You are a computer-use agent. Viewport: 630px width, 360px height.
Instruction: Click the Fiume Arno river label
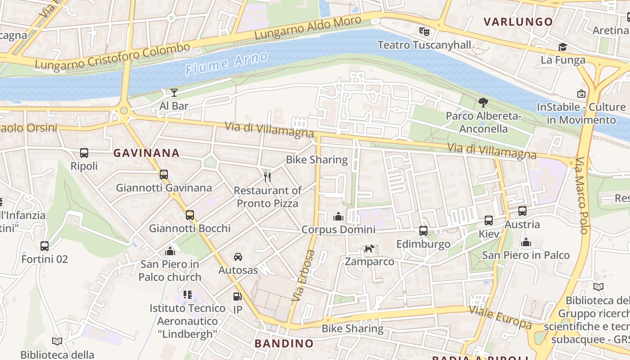(x=226, y=63)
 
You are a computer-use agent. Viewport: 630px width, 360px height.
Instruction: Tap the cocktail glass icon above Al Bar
(x=174, y=93)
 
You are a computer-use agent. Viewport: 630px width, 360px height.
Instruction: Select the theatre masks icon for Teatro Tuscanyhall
(x=424, y=31)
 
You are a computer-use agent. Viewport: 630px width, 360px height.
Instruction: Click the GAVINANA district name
(x=146, y=153)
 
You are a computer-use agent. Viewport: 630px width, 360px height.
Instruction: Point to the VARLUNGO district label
(x=518, y=22)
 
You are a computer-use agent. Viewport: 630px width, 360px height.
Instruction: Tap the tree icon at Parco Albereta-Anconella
(x=483, y=103)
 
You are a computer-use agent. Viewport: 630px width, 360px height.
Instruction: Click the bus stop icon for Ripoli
(x=84, y=153)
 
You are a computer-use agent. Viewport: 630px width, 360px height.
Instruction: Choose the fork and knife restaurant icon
(x=267, y=177)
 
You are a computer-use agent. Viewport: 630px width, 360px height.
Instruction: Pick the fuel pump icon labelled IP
(x=237, y=297)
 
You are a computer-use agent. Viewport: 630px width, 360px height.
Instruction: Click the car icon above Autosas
(x=238, y=257)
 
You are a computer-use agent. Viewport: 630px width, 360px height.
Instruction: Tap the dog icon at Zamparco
(x=369, y=248)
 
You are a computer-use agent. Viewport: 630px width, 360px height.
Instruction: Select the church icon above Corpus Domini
(x=338, y=216)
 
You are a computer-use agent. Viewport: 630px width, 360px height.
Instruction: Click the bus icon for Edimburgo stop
(x=423, y=231)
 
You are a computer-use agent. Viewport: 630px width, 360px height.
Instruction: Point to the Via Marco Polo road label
(x=582, y=195)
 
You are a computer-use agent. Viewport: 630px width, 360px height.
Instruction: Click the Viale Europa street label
(x=500, y=317)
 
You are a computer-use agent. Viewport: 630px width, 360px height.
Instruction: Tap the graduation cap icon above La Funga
(x=562, y=47)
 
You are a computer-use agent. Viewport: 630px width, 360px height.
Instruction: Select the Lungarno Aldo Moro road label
(x=308, y=28)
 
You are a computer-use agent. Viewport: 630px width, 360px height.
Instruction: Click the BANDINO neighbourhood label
(x=284, y=343)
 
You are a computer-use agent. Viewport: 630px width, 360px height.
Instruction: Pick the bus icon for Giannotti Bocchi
(x=190, y=215)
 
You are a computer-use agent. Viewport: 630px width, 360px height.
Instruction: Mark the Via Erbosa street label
(x=304, y=275)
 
